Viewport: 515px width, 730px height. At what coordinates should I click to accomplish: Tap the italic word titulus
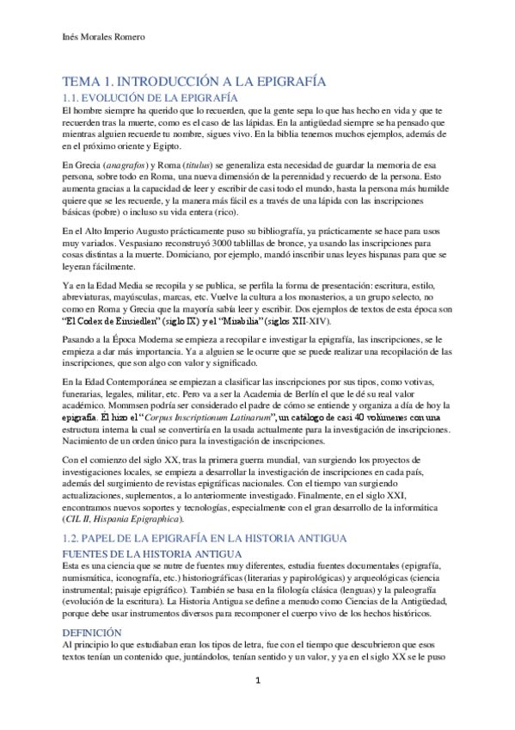click(197, 165)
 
